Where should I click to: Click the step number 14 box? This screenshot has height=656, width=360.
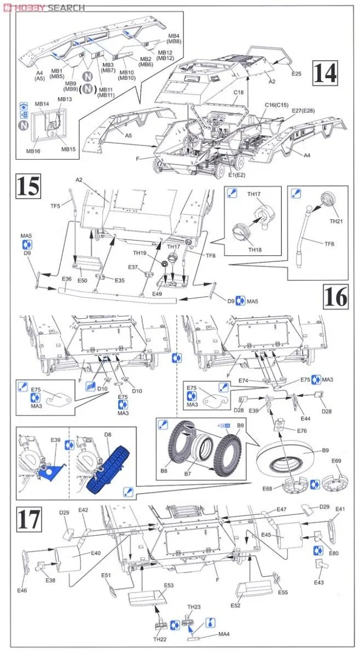pos(326,74)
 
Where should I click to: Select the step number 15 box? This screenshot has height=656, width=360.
pos(29,186)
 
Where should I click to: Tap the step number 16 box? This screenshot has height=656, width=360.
pos(336,295)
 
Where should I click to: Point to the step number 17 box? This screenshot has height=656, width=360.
pos(29,519)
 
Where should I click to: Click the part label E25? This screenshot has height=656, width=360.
pos(296,74)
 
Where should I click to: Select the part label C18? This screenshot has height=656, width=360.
pos(238,92)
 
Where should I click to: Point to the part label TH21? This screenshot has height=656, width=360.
pos(336,221)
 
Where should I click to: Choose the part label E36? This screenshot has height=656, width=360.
pos(66,279)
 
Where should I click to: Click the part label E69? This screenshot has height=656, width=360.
pos(336,462)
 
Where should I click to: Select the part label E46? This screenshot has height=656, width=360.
pos(22,590)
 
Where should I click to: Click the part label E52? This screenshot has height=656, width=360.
pos(235,605)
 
